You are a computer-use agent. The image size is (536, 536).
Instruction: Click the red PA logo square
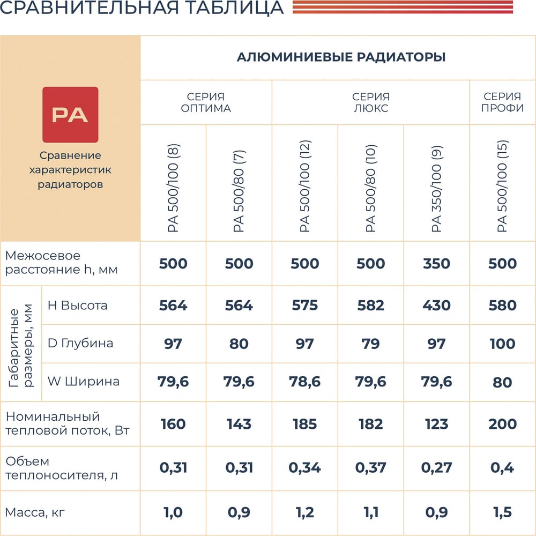coord(70,115)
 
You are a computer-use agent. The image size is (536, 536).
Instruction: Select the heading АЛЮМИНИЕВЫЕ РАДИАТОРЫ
coord(341,57)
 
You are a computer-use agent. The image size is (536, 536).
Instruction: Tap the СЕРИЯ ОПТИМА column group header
coord(206,102)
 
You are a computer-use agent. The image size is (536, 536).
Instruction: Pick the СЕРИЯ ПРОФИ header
coord(502,102)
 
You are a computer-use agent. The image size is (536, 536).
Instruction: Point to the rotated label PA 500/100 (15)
coord(502,186)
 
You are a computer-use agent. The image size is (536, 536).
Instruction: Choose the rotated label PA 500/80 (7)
coord(239,191)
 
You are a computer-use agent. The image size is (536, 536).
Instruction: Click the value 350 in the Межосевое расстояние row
coord(436,264)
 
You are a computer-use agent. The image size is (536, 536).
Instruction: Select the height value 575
coord(304,306)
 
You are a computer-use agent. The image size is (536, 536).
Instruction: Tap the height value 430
coord(436,306)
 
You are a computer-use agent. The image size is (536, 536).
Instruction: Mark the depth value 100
coord(502,344)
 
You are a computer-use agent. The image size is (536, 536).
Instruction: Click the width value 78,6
coord(304,382)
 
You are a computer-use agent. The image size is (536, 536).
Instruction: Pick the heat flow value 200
coord(502,425)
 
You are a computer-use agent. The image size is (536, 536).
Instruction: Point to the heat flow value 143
coord(239,425)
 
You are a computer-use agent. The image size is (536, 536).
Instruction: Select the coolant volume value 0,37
coord(370,468)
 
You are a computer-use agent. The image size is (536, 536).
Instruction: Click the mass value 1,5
coord(502,513)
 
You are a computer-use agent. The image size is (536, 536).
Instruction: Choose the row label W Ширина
coord(84,382)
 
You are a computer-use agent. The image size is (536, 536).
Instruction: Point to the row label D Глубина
coord(80,343)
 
